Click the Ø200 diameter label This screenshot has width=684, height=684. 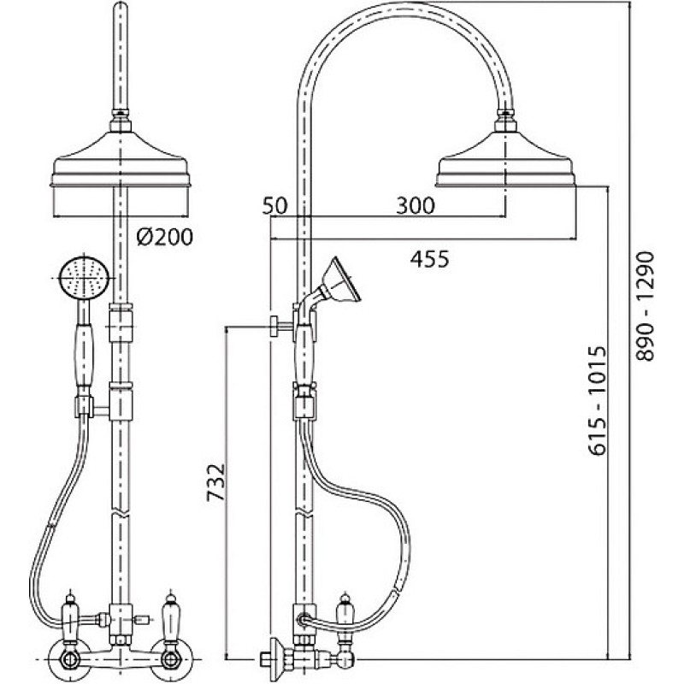coord(164,238)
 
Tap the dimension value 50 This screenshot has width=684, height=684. coord(274,206)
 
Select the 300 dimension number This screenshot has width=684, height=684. coord(416,205)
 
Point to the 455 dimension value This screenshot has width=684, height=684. coord(429,259)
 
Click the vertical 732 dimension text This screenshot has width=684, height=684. coord(216,482)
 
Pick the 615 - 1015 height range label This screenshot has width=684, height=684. coord(597,400)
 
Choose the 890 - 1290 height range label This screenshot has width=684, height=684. coord(646,306)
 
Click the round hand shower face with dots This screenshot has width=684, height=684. coord(83,279)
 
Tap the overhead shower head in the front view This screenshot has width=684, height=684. coord(121,158)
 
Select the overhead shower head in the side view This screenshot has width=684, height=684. coord(506,158)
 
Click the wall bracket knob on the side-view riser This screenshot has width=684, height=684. coord(274,326)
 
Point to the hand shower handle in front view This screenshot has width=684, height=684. coord(84,354)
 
